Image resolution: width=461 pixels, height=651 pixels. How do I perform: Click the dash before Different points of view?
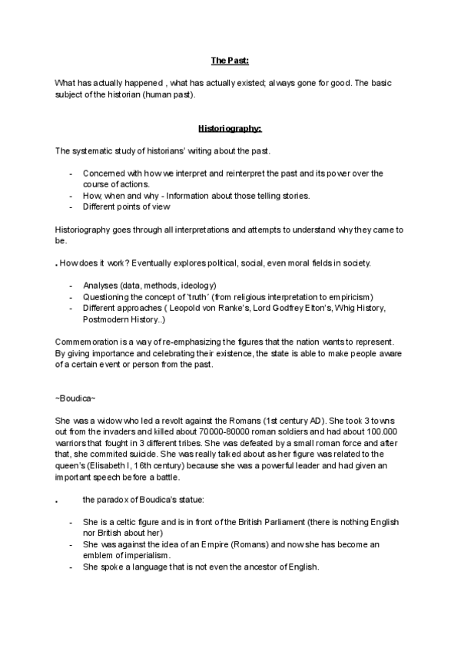point(71,207)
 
